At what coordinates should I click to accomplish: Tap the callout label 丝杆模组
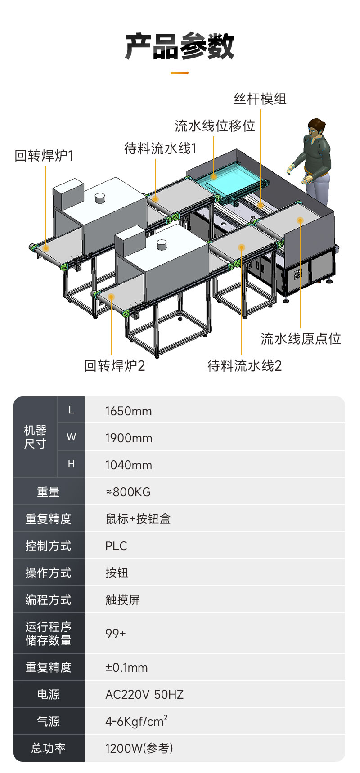click(x=260, y=99)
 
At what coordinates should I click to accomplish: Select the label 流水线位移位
click(x=215, y=126)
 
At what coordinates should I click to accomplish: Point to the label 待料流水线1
click(x=161, y=148)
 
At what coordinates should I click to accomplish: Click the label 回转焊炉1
click(x=44, y=156)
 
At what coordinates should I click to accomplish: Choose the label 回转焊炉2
click(x=115, y=365)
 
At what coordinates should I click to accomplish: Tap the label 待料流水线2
click(x=245, y=365)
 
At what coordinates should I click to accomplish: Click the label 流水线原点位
click(x=301, y=338)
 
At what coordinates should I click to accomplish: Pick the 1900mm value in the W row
click(x=129, y=438)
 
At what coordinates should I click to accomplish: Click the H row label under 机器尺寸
click(x=71, y=464)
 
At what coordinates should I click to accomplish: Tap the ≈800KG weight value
click(x=128, y=492)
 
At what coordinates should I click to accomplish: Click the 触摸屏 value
click(x=123, y=600)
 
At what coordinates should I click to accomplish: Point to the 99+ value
click(x=116, y=634)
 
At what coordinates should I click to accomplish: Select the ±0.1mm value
click(x=126, y=667)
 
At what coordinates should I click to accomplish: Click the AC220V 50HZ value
click(x=144, y=694)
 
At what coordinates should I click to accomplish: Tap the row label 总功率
click(x=49, y=748)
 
